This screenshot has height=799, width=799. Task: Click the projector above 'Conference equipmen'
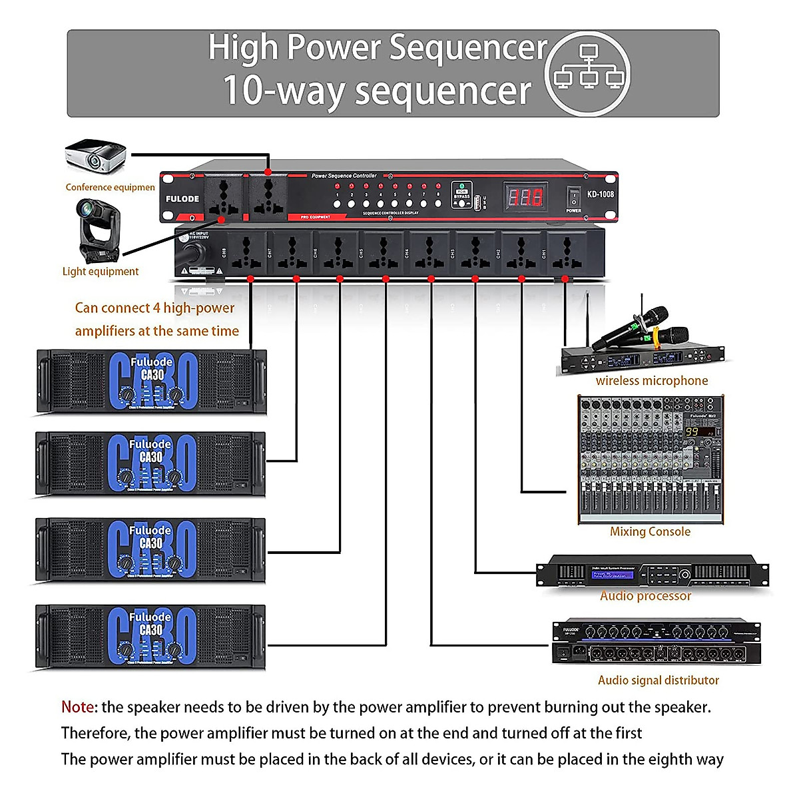[96, 157]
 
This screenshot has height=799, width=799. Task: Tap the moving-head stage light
[99, 230]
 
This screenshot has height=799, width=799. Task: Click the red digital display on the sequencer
[526, 196]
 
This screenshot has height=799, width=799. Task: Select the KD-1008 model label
[600, 194]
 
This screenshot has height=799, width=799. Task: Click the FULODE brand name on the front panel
[182, 198]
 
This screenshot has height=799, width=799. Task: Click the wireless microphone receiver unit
[642, 360]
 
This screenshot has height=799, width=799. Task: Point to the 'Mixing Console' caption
[650, 531]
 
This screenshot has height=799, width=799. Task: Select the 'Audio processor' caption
[645, 596]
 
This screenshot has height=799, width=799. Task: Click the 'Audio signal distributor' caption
[658, 680]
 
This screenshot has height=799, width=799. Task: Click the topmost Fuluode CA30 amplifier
[151, 382]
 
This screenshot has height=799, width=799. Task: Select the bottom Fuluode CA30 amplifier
[151, 637]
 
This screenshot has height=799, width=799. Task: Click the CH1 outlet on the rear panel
[566, 253]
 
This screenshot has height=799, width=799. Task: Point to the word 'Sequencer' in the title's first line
[467, 48]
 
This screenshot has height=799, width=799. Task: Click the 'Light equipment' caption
[101, 271]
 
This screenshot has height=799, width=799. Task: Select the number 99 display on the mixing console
[692, 432]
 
